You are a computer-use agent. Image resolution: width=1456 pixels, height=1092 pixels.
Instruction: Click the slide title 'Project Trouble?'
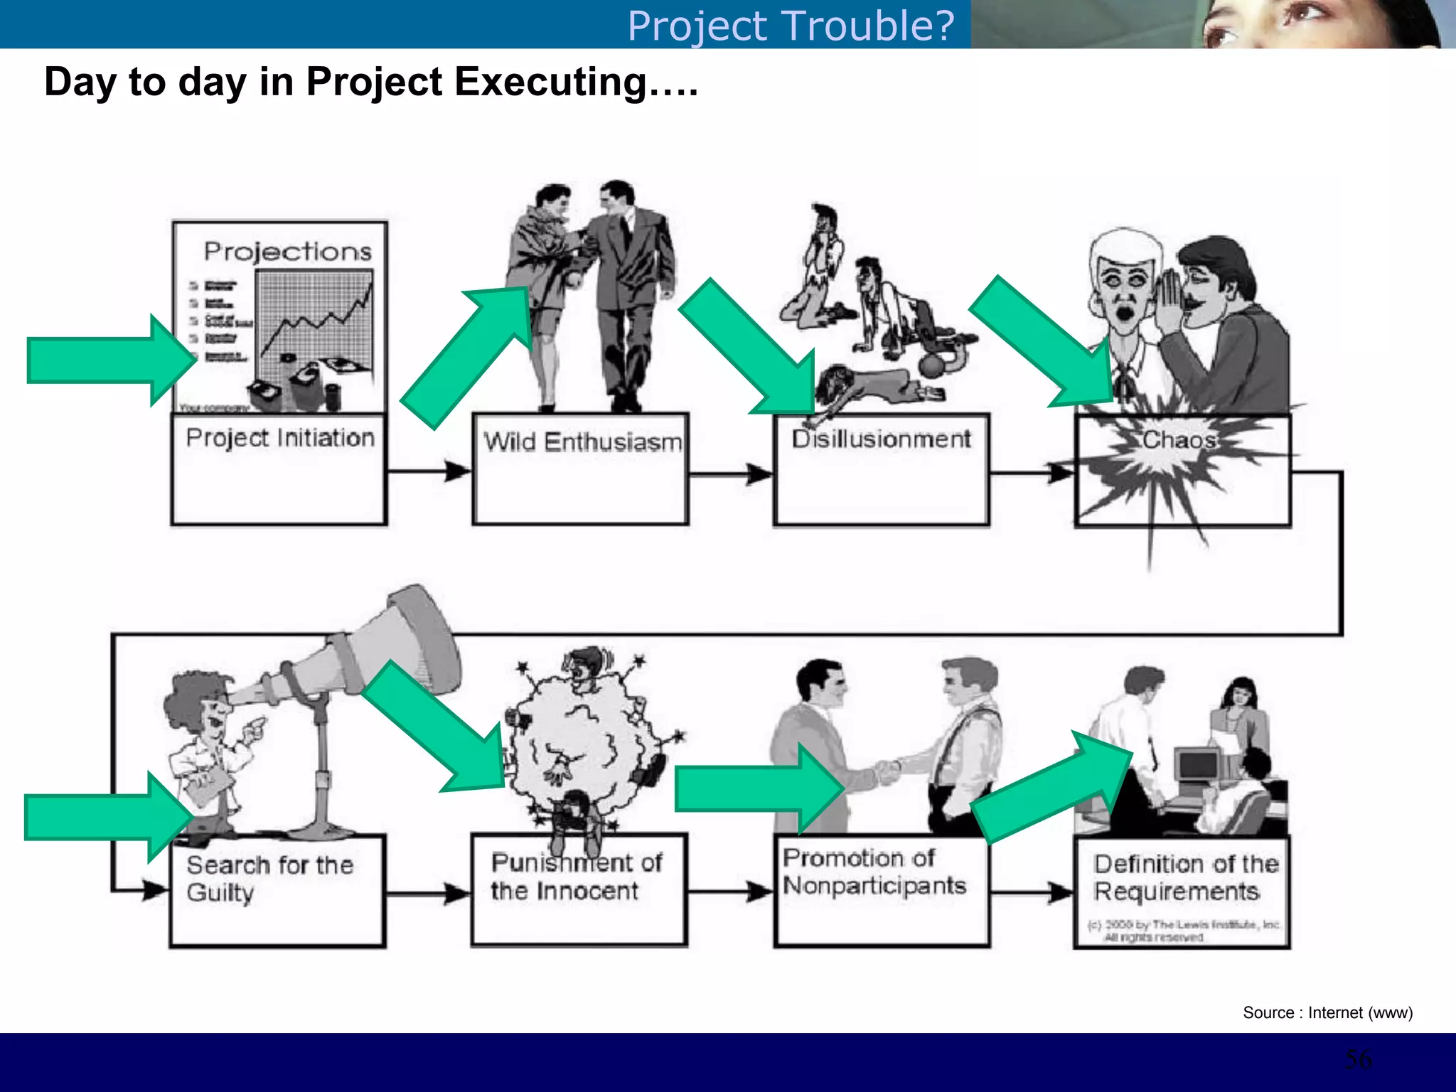(x=791, y=26)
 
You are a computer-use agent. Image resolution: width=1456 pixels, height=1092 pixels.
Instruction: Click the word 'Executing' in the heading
(x=551, y=81)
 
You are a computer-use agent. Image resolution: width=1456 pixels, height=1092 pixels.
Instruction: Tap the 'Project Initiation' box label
(x=280, y=437)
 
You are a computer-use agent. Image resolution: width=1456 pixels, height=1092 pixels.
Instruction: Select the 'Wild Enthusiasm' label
(x=583, y=441)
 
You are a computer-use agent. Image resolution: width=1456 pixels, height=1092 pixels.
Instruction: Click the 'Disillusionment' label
(x=881, y=439)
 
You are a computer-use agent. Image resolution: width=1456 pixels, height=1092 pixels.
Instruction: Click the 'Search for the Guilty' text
(x=269, y=878)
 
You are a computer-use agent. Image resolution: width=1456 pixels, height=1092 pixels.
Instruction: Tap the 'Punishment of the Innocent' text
(x=576, y=876)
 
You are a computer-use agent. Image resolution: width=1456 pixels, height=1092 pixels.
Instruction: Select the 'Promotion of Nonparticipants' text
(x=874, y=872)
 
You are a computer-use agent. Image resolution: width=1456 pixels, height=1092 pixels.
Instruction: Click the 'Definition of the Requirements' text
(x=1185, y=877)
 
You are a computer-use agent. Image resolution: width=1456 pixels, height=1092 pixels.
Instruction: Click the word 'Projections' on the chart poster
(x=287, y=251)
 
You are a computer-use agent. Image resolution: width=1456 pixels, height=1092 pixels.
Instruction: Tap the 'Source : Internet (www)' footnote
(x=1327, y=1012)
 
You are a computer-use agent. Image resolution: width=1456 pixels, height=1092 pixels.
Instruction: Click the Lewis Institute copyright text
(x=1183, y=931)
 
